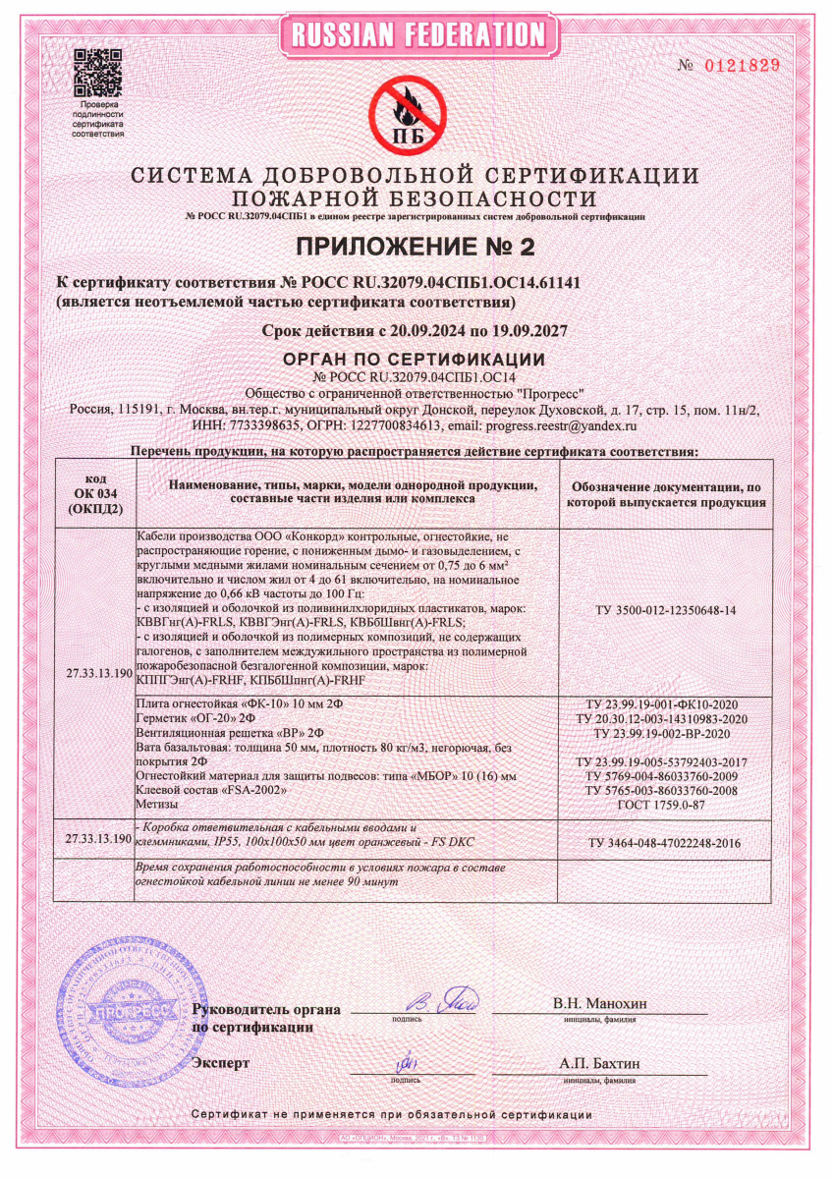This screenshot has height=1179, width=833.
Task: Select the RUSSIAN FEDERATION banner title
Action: pos(416,34)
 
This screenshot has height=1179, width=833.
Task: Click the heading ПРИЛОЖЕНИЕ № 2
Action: pos(416,245)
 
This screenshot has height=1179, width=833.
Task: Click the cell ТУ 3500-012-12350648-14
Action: pos(665,610)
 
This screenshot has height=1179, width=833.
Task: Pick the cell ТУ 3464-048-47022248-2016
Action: pos(665,843)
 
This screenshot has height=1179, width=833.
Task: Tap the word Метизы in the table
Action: pos(158,804)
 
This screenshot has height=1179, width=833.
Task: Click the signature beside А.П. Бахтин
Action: pos(408,1064)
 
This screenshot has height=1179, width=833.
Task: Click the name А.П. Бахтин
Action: pos(599,1063)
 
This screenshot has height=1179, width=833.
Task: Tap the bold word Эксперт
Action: pos(222,1063)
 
